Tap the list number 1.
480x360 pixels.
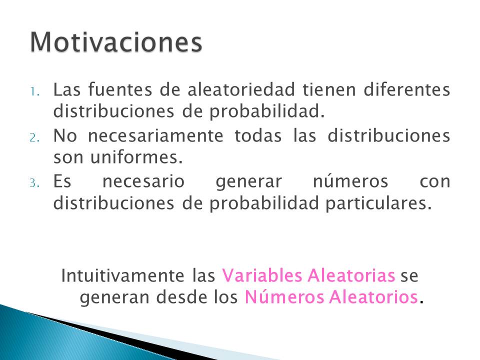point(35,91)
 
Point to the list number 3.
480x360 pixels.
point(34,183)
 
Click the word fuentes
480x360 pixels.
point(120,89)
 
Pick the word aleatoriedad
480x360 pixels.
point(241,89)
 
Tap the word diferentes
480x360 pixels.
point(407,89)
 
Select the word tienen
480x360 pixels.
point(329,89)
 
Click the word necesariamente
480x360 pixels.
point(156,136)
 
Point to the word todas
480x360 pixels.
point(258,135)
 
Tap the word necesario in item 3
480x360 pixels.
point(143,181)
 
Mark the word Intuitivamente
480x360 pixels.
point(123,275)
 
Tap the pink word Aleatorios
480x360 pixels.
point(374,297)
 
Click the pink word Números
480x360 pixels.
point(284,297)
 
